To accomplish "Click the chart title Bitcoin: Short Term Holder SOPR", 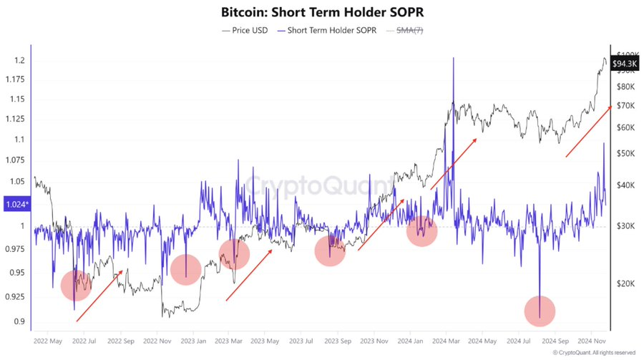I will point(322,12).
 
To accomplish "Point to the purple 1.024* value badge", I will point(16,205).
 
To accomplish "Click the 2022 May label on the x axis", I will point(47,341).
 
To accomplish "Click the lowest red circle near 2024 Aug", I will point(540,311).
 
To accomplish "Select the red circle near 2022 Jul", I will point(76,285).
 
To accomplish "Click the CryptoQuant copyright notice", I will point(593,353).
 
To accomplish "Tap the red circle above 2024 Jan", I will point(422,231).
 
